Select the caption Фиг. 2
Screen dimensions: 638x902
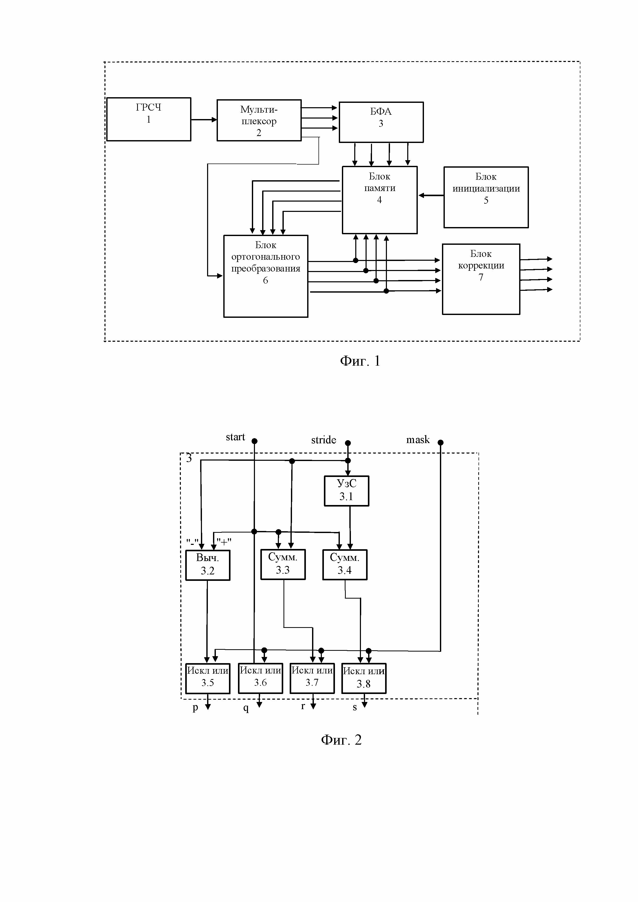[341, 740]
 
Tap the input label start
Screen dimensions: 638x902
[235, 437]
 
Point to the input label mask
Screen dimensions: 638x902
[418, 440]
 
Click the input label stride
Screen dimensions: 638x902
[324, 440]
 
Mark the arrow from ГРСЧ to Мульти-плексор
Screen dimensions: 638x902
[204, 119]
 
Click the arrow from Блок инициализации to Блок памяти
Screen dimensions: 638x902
[431, 195]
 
